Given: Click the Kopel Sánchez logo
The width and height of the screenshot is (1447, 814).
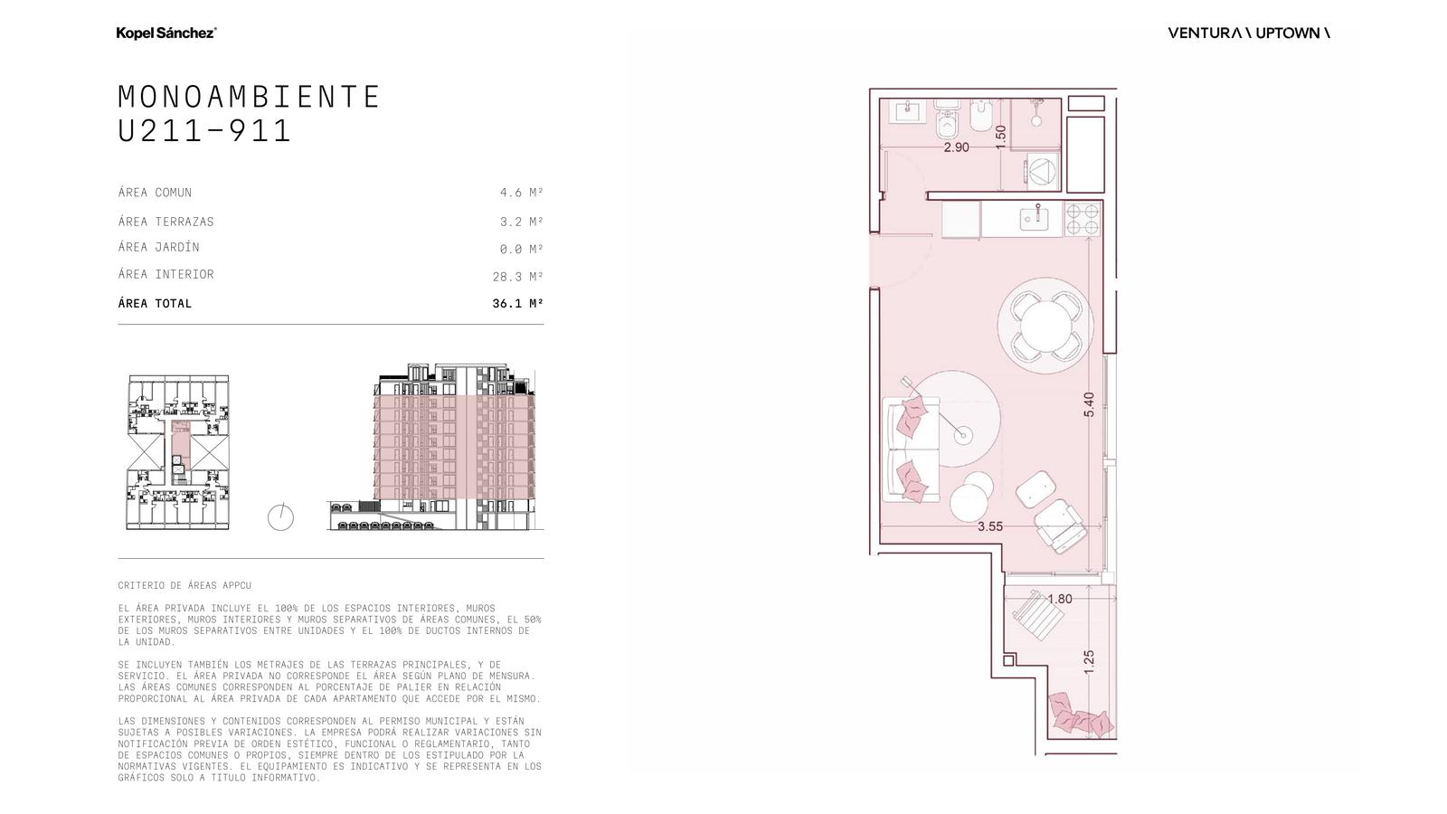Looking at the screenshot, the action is [x=166, y=33].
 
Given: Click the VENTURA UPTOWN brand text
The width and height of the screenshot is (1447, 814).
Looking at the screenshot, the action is [x=1249, y=33].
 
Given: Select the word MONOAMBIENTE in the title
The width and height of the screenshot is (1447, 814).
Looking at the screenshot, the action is [x=250, y=97].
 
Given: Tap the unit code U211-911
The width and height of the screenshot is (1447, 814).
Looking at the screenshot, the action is [x=204, y=131].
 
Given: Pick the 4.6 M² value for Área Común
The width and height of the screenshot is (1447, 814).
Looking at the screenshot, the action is [x=521, y=193].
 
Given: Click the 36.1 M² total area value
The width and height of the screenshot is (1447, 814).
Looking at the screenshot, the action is [x=517, y=304].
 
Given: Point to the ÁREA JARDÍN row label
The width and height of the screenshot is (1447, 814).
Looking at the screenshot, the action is [x=159, y=247].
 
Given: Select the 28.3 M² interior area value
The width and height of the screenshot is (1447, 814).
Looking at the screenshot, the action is [x=517, y=277].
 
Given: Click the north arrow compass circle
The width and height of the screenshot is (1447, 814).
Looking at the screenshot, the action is [x=281, y=517].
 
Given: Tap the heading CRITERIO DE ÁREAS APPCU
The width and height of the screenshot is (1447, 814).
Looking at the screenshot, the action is [x=184, y=585].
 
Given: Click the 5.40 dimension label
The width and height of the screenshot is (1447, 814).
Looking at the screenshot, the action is [x=1089, y=404].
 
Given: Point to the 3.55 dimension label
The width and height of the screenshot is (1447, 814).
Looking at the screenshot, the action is [x=990, y=526].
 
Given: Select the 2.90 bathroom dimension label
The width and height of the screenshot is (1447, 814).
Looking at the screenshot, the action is [x=956, y=147].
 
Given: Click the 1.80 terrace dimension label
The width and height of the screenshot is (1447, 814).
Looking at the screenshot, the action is [x=1060, y=599].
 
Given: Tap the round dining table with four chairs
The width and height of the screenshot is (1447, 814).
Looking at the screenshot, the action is [x=1045, y=326].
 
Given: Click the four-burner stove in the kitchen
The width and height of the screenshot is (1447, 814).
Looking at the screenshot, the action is [x=1082, y=219].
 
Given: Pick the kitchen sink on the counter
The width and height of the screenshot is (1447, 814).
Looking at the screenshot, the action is [x=1035, y=218].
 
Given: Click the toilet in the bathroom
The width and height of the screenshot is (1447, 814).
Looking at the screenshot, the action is [x=948, y=118].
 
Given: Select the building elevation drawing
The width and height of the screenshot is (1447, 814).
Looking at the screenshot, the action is [x=435, y=447].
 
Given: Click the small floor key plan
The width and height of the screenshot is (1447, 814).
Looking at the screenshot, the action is [x=178, y=452].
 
